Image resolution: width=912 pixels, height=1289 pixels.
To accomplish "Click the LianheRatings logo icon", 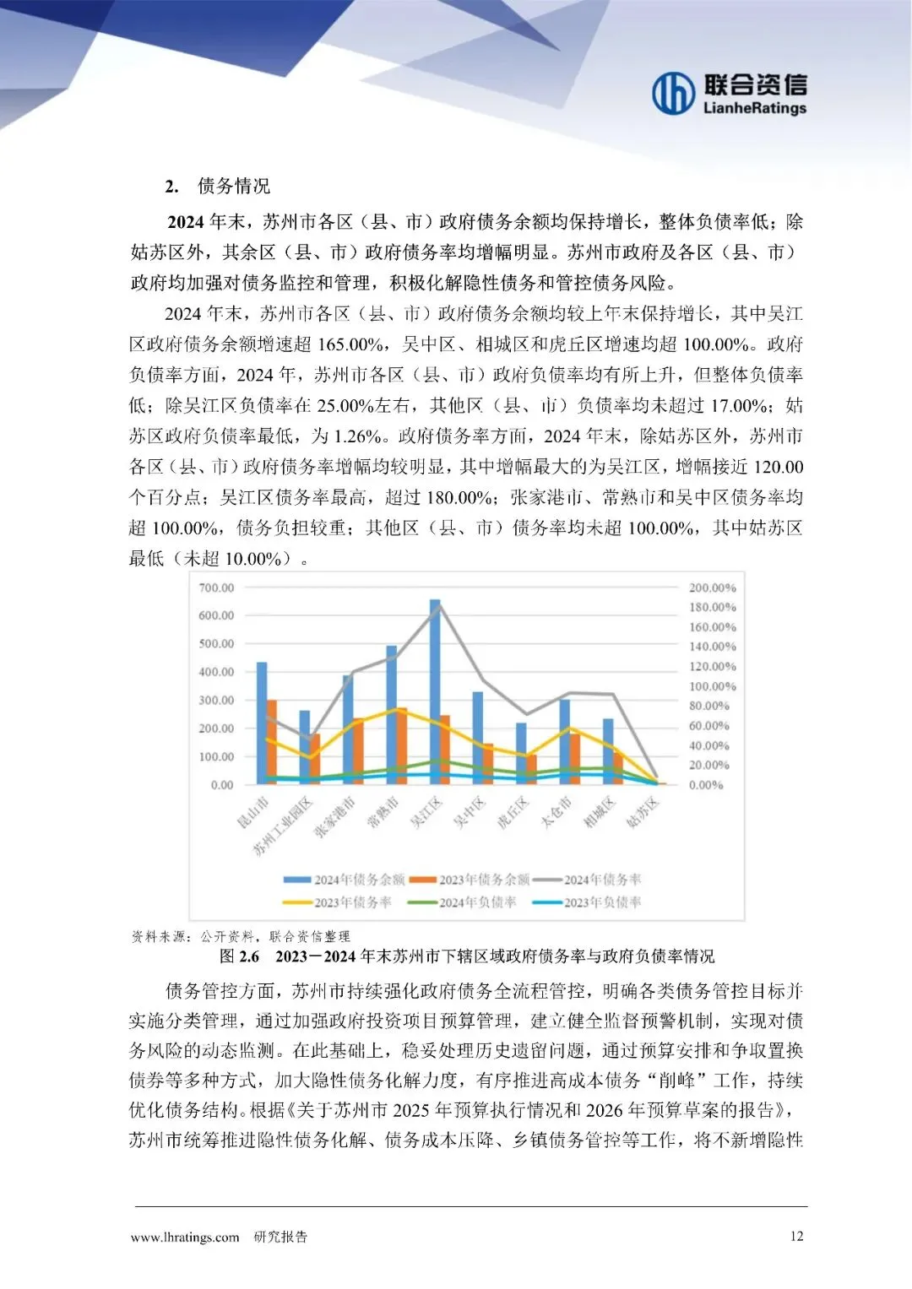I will [673, 93].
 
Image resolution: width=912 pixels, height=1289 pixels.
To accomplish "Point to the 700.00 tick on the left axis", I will [216, 588].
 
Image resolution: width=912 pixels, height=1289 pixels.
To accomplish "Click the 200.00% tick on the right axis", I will [712, 588].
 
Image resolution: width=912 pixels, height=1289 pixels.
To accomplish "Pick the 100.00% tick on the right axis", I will [712, 686].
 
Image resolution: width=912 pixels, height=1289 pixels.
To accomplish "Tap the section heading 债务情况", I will [234, 187].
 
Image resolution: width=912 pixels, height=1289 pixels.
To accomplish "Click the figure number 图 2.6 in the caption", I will [239, 956].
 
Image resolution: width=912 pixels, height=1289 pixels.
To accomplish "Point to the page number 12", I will [796, 1236].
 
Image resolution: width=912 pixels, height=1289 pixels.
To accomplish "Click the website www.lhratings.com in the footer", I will [185, 1238].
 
